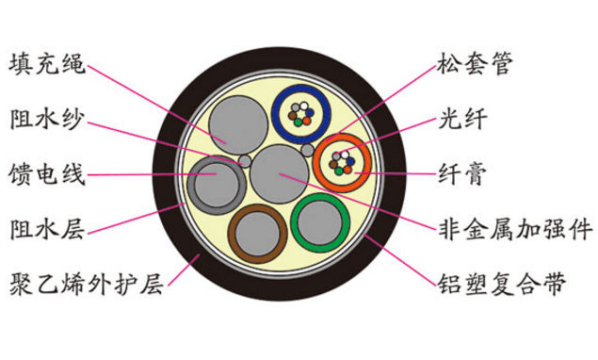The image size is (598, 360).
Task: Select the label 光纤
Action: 461,120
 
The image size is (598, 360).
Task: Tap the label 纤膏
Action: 461,174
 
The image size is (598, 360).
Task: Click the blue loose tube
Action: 299,113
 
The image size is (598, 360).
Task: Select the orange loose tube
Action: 339,164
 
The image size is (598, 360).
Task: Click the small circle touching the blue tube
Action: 307,150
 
